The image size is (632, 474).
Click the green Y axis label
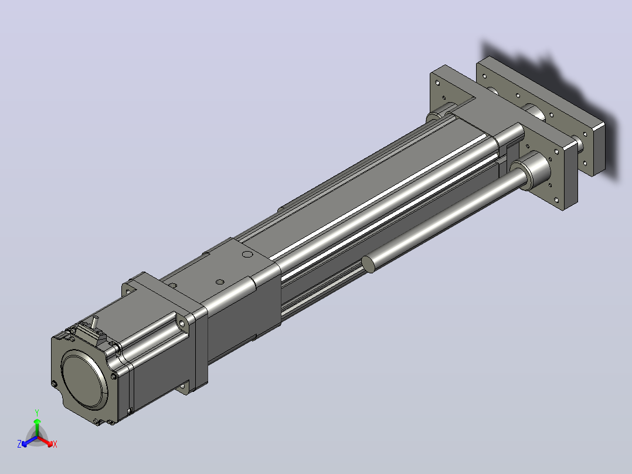37,412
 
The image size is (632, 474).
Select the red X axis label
55,444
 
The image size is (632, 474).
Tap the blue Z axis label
19,444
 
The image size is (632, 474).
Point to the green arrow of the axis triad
37,428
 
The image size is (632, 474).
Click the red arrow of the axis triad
45,441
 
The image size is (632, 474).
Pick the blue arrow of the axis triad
29,441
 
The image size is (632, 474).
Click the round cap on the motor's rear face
84,379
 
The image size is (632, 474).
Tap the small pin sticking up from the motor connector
95,322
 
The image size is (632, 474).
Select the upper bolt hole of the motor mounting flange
182,323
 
